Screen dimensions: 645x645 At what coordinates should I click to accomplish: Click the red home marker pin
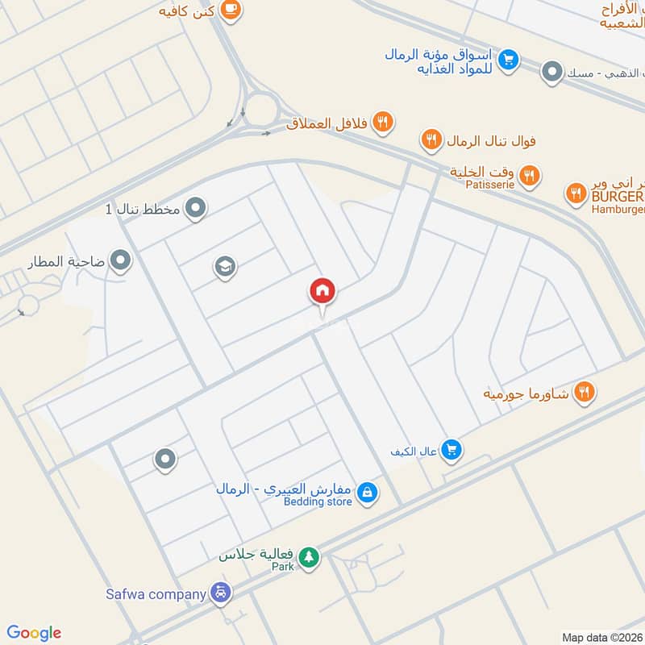(x=322, y=291)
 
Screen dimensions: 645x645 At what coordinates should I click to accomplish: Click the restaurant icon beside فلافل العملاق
(x=383, y=123)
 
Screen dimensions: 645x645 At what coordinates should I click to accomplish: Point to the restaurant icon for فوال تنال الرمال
(x=431, y=141)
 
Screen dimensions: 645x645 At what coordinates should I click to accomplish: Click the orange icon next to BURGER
(x=576, y=193)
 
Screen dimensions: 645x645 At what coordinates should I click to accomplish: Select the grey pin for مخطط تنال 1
(x=195, y=210)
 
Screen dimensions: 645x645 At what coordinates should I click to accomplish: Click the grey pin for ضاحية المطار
(x=121, y=260)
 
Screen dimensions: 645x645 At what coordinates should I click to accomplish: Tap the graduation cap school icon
(x=226, y=266)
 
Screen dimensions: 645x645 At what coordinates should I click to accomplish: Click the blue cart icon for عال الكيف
(x=451, y=450)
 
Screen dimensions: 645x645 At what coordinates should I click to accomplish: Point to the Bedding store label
(x=318, y=501)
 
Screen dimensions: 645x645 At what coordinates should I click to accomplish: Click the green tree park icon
(x=308, y=556)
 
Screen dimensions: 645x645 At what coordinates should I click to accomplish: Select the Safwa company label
(x=156, y=595)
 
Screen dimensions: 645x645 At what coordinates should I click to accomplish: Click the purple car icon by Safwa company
(x=220, y=594)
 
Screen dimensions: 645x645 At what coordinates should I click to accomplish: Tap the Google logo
(x=34, y=633)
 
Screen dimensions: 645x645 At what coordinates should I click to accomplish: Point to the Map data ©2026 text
(x=601, y=637)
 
